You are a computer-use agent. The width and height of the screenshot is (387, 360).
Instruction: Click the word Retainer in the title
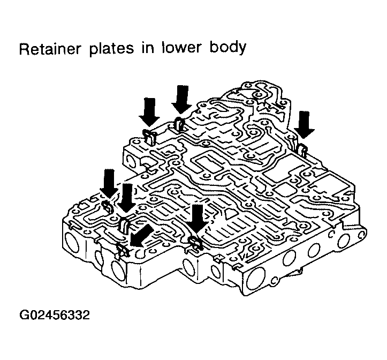click(x=49, y=49)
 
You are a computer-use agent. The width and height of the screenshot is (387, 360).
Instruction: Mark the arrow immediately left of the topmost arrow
click(x=149, y=111)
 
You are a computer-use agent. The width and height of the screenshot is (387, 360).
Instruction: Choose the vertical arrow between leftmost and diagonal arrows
click(x=127, y=197)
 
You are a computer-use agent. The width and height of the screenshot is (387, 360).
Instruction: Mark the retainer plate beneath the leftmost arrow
click(x=107, y=207)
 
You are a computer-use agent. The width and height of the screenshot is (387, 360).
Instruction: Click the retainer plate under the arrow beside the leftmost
click(x=125, y=225)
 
